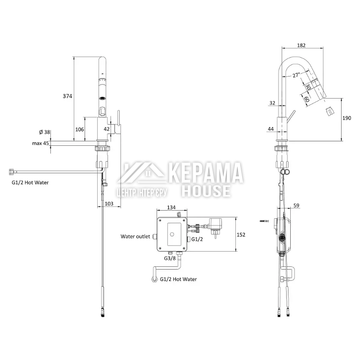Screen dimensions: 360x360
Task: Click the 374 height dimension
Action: tap(67, 96)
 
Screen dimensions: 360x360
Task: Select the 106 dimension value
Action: tap(80, 130)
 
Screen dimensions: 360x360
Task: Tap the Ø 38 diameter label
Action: tap(45, 132)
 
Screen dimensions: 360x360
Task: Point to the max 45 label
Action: tap(40, 143)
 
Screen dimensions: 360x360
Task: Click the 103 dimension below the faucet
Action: tap(109, 204)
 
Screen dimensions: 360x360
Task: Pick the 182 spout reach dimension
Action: tap(301, 45)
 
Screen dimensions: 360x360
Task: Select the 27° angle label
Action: tap(296, 75)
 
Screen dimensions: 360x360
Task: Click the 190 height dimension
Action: tap(346, 118)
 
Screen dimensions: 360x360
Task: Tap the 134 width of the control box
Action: tap(171, 207)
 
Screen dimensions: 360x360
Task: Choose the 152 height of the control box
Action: tap(241, 234)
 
